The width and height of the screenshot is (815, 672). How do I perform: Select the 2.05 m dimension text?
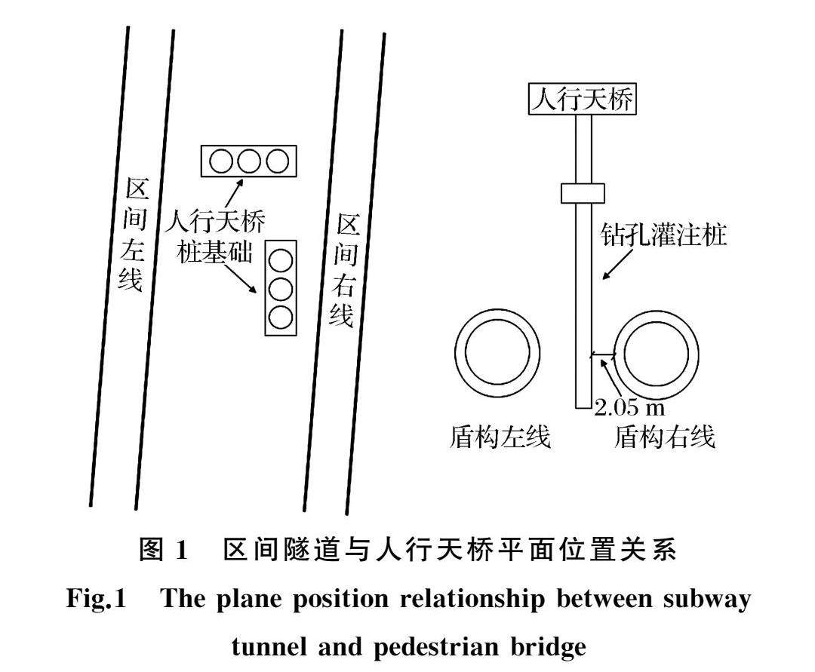pos(629,409)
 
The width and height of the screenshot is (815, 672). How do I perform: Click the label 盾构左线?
pos(500,437)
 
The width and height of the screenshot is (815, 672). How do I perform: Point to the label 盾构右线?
pos(665,437)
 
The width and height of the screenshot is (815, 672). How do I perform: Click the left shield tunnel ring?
pos(497,353)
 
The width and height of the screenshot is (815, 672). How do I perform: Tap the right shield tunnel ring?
pos(657,353)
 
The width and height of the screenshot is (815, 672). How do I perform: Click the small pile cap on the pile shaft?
pos(583,193)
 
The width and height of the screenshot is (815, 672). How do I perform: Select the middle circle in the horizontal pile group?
pos(249,161)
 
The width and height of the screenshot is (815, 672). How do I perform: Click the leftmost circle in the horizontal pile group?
pos(222,161)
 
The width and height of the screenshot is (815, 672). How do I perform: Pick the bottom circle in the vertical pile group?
pos(281,317)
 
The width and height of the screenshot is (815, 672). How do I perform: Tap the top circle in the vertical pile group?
pos(281,260)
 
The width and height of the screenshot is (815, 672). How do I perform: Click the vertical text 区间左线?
pos(134,235)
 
